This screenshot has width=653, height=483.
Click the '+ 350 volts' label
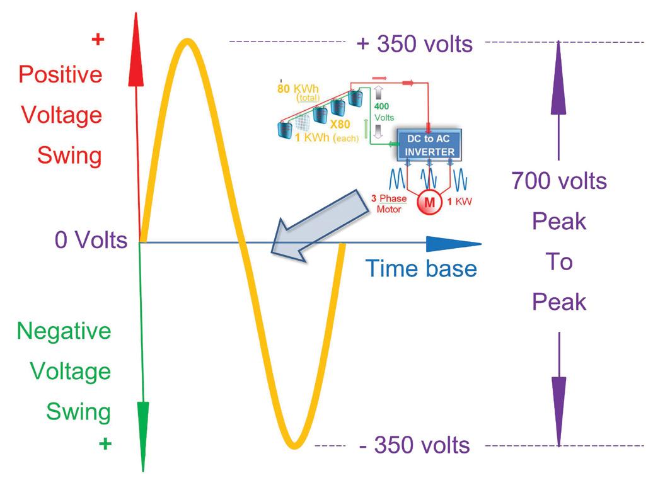tap(414, 44)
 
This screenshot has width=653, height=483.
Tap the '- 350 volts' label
tap(414, 445)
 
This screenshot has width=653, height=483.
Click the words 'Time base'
tap(422, 268)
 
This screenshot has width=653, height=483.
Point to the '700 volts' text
tap(559, 181)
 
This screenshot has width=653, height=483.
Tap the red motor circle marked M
tap(429, 203)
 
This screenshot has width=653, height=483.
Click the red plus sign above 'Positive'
tap(97, 40)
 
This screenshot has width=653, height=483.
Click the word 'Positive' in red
tap(61, 74)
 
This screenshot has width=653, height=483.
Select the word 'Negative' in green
tap(64, 331)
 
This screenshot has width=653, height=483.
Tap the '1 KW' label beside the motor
tap(459, 203)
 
